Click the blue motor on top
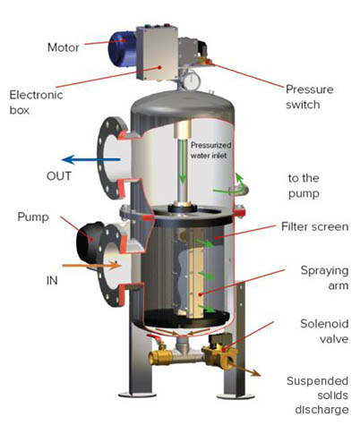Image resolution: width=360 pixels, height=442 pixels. [x=123, y=48]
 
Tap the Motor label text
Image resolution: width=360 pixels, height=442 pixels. [x=64, y=47]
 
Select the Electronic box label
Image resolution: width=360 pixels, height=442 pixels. [x=36, y=102]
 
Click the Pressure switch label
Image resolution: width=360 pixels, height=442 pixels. [x=310, y=97]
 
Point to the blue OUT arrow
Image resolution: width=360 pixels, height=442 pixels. [x=91, y=159]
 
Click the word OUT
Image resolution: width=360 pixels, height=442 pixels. [x=59, y=176]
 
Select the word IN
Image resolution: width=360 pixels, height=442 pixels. [x=52, y=280]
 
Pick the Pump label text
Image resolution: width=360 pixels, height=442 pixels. [x=33, y=217]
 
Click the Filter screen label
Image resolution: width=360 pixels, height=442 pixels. [x=315, y=226]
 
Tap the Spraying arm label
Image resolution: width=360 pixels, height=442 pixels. [x=324, y=277]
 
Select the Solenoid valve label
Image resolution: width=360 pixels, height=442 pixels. [x=324, y=331]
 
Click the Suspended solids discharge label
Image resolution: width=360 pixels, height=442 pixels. [x=318, y=395]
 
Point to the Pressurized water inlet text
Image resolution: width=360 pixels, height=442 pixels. [x=210, y=150]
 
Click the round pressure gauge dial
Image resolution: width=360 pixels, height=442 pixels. [x=191, y=81]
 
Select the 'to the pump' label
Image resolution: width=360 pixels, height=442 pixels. [x=304, y=185]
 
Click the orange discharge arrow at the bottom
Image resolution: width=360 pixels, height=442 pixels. [x=244, y=370]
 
